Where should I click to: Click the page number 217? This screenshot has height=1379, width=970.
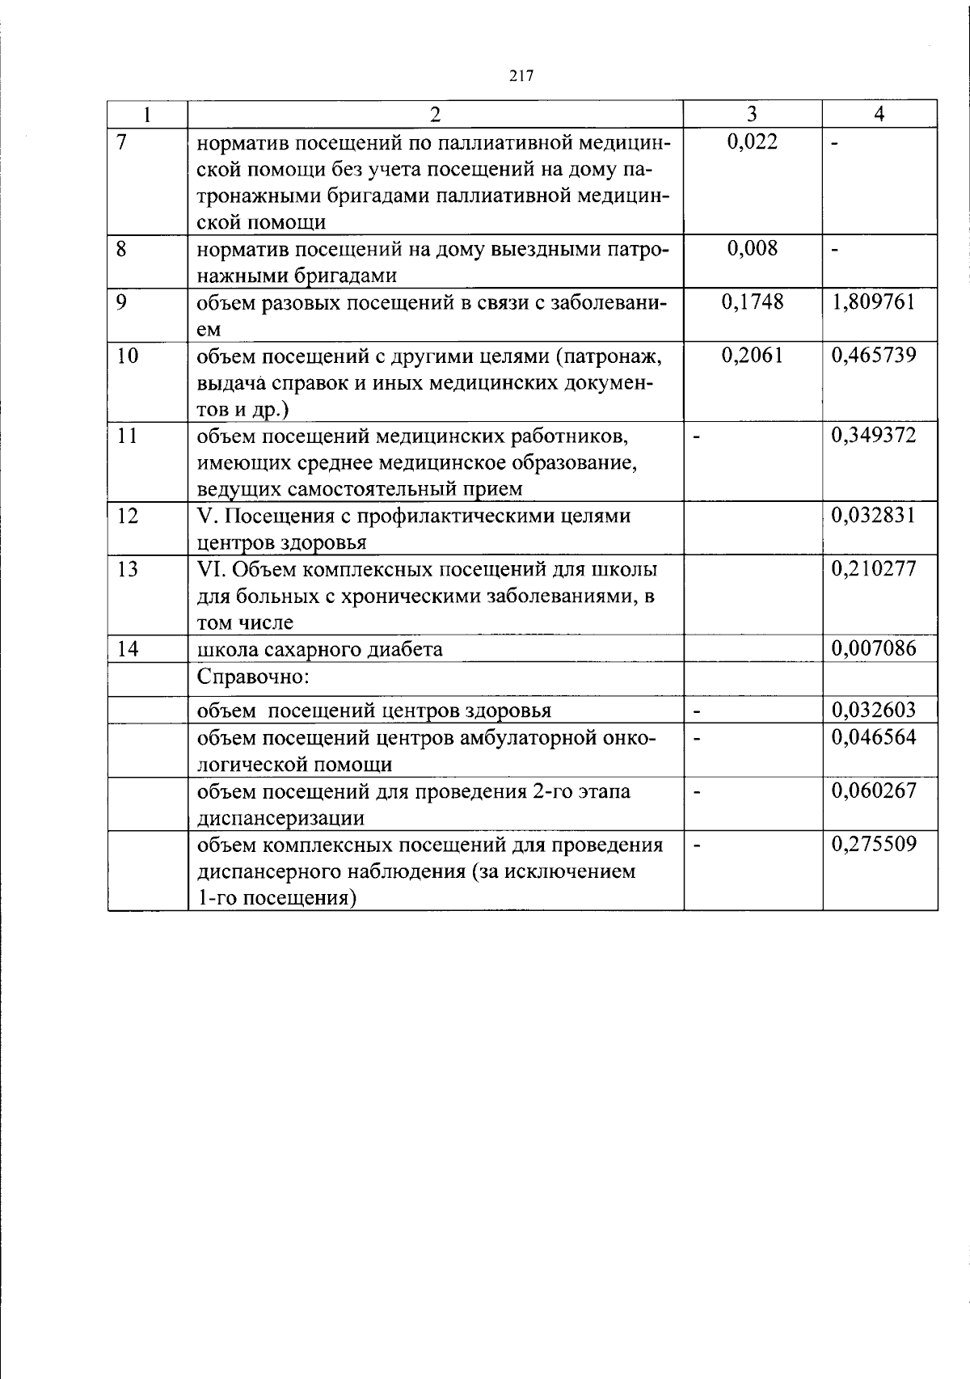click(521, 76)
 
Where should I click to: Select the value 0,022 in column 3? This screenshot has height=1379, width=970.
click(753, 142)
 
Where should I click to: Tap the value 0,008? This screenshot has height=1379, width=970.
click(753, 248)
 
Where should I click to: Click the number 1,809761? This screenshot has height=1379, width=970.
click(874, 302)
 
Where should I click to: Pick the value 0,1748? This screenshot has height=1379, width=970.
click(753, 302)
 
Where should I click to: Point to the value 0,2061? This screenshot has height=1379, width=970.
click(753, 356)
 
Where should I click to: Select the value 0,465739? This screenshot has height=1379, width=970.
click(874, 356)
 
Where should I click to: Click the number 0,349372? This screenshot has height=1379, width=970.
click(874, 436)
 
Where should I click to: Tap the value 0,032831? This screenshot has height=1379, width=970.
click(874, 516)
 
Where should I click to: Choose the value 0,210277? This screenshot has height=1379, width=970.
click(874, 569)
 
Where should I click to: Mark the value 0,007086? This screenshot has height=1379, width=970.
click(874, 648)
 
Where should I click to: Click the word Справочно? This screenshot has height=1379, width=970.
click(253, 676)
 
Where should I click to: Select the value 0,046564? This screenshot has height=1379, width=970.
click(874, 737)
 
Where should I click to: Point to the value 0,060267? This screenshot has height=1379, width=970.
click(874, 791)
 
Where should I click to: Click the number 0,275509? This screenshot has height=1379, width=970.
click(874, 845)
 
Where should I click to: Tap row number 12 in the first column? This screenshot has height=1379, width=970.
click(127, 516)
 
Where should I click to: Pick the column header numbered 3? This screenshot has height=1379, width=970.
click(753, 114)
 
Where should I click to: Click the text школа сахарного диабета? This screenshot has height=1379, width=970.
click(320, 649)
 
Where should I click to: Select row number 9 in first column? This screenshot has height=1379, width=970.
click(122, 302)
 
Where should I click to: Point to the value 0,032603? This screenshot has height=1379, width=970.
click(874, 711)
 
